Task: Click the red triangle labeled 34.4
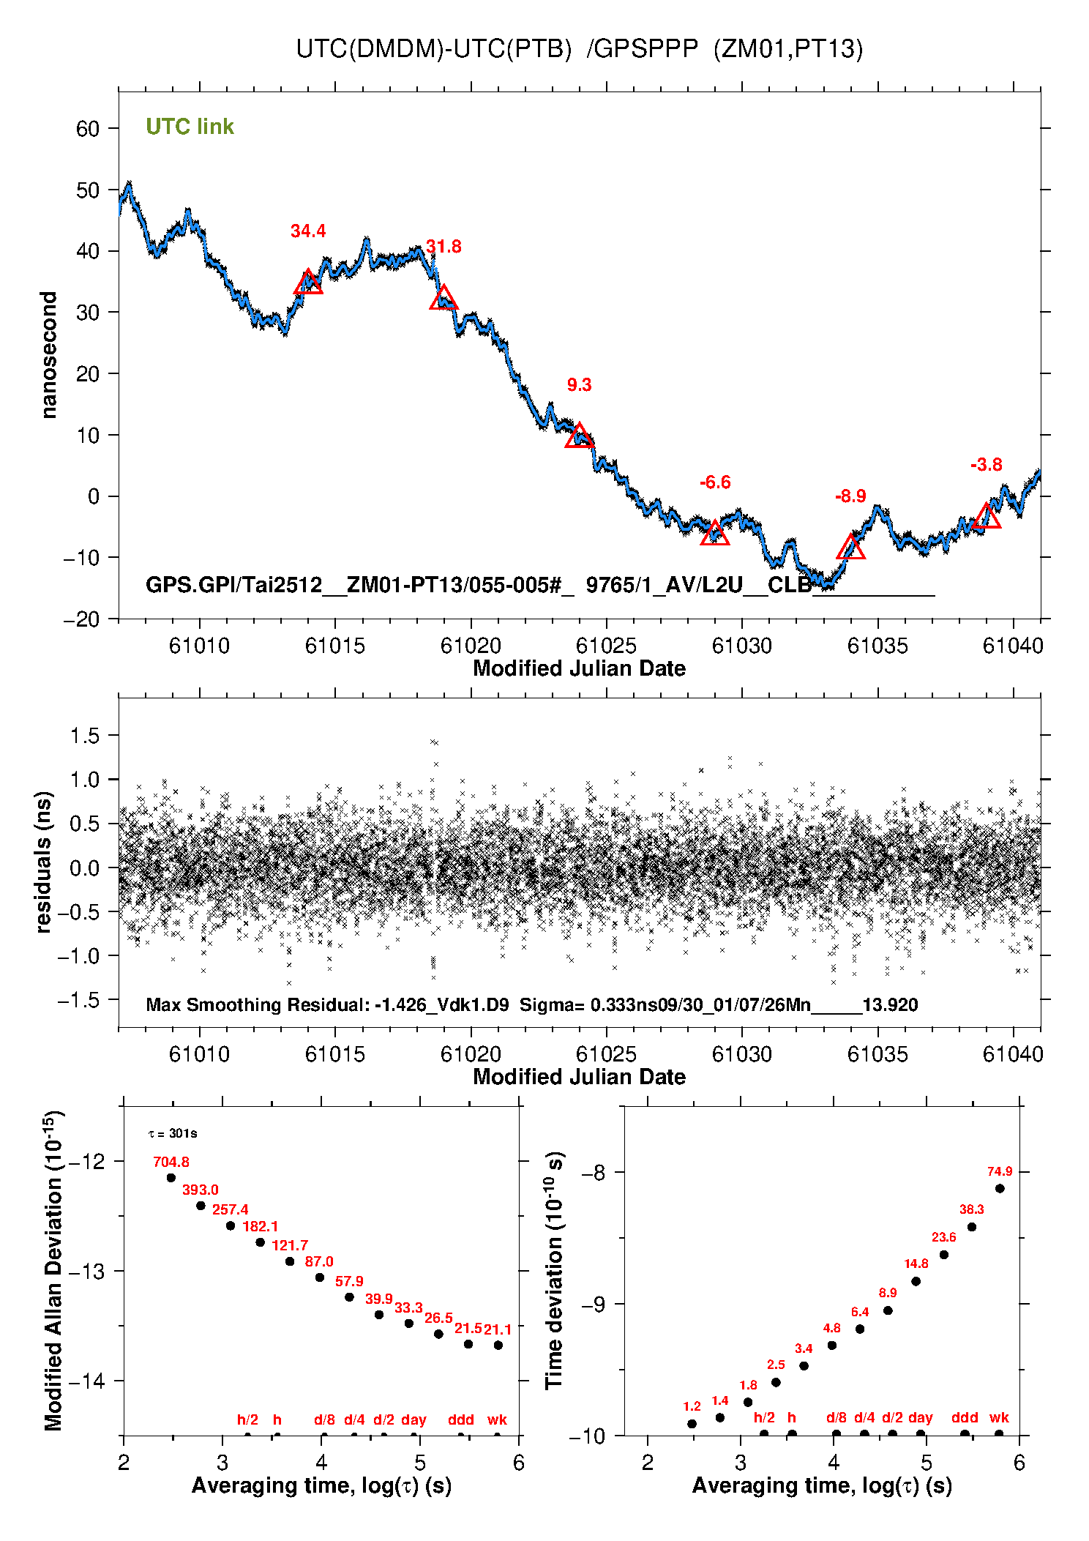[x=308, y=283]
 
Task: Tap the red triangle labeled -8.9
[x=851, y=548]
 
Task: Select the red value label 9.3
[x=579, y=385]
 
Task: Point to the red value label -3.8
[x=986, y=465]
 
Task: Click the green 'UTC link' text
[x=190, y=127]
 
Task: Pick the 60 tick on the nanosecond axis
[x=88, y=129]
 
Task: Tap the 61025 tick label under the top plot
[x=606, y=646]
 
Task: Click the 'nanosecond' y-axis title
[x=48, y=355]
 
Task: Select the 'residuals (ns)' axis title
[x=44, y=862]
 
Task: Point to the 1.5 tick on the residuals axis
[x=84, y=736]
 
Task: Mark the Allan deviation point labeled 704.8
[x=171, y=1178]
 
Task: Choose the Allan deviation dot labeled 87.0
[x=320, y=1277]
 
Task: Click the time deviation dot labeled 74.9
[x=1000, y=1188]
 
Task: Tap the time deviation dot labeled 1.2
[x=692, y=1424]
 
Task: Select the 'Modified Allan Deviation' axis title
[x=53, y=1271]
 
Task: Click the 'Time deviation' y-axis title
[x=554, y=1270]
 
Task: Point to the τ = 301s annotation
[x=173, y=1134]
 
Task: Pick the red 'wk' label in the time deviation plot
[x=999, y=1418]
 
